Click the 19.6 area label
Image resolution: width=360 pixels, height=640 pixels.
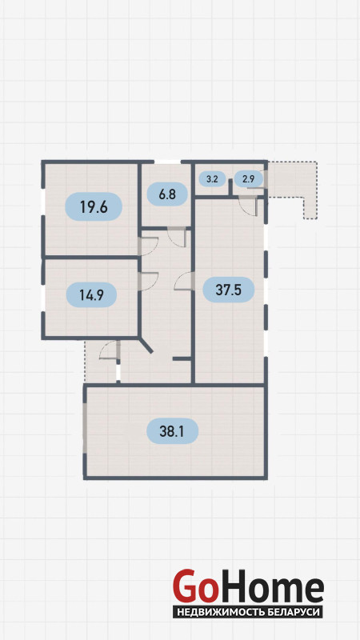[x=94, y=207]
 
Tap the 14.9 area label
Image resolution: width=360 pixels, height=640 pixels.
[x=91, y=294]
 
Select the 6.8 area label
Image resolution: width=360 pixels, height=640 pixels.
[x=167, y=194]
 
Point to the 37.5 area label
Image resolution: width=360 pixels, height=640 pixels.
[x=229, y=290]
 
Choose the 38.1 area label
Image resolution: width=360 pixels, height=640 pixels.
[x=172, y=431]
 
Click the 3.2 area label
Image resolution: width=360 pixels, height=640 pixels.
[x=212, y=178]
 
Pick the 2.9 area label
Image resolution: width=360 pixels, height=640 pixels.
[x=249, y=178]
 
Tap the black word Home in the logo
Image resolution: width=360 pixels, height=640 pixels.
[x=270, y=586]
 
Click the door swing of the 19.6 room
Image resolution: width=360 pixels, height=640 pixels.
[x=150, y=246]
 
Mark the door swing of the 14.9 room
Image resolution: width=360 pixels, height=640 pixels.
[x=150, y=282]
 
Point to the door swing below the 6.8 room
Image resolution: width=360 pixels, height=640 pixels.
[x=177, y=238]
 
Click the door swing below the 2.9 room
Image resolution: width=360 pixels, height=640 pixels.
[x=248, y=206]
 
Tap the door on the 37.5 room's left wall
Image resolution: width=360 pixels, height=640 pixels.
[x=183, y=282]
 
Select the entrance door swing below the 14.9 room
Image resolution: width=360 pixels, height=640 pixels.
[x=109, y=350]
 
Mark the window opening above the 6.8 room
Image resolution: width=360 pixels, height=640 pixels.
[x=167, y=162]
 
